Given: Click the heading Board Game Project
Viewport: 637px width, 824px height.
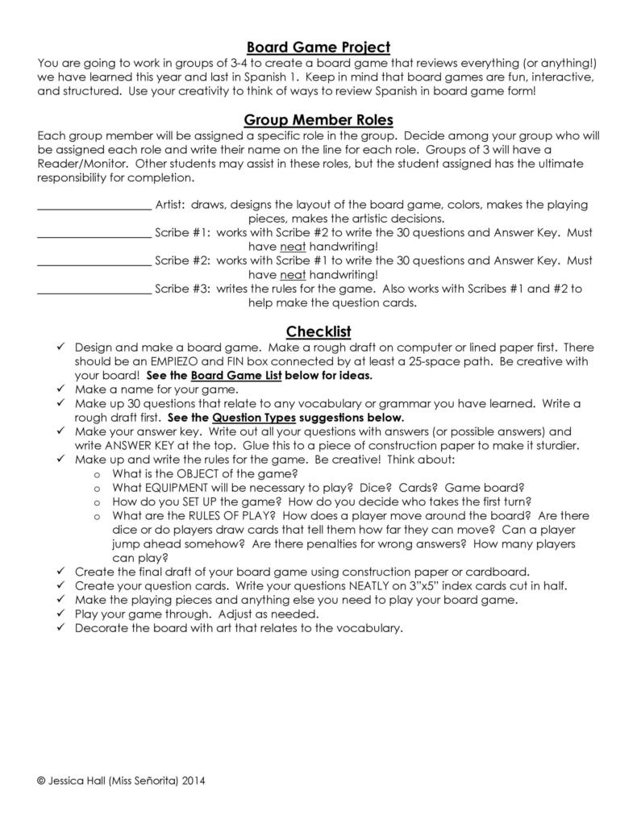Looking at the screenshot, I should coord(318,48).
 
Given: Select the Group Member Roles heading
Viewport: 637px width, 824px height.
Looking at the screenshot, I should coord(318,120).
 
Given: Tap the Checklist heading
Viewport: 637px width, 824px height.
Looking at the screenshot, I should coord(318,331).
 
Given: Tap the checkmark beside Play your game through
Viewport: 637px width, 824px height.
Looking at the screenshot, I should coord(61,614).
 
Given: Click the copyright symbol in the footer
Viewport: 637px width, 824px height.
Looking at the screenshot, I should coord(41,781).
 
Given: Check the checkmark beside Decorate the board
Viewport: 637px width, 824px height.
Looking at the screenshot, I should coord(61,628).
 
